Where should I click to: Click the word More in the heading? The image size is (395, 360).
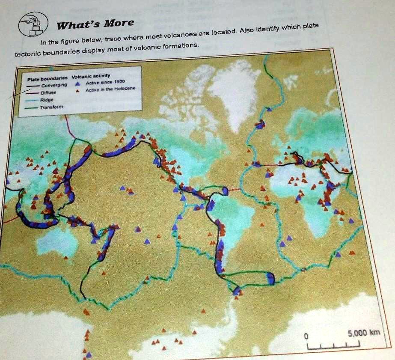(118, 23)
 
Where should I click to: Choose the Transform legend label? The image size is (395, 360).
(51, 107)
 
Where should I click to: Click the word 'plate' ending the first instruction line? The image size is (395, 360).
(310, 26)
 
